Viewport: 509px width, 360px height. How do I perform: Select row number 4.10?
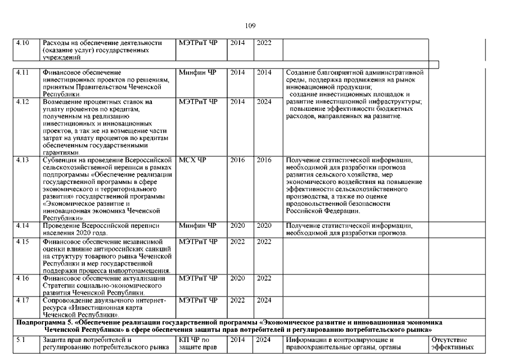point(22,43)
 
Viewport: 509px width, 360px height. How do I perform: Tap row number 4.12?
point(22,102)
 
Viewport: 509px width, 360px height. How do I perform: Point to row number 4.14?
point(22,226)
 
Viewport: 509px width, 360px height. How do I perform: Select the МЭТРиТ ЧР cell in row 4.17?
point(197,300)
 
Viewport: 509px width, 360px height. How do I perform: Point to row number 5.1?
point(20,340)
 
